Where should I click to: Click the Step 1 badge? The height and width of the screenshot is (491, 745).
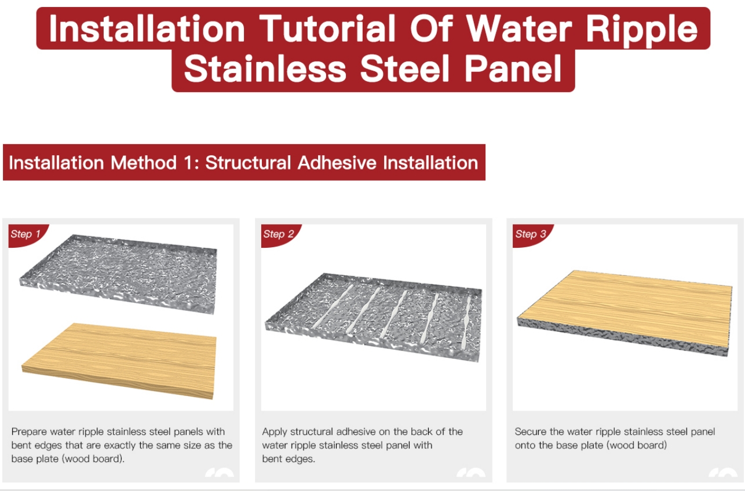[x=27, y=234]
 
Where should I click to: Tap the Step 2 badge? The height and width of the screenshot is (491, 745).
[x=279, y=234]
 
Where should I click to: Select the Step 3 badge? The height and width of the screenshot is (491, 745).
[x=531, y=234]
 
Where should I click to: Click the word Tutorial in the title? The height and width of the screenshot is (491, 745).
[x=327, y=28]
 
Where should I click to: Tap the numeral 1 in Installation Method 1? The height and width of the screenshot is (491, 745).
[x=188, y=163]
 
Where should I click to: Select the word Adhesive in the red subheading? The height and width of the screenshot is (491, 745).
[x=337, y=163]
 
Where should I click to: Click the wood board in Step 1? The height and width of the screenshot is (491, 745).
[x=119, y=361]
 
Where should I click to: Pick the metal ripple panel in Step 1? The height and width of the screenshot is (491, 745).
[x=118, y=274]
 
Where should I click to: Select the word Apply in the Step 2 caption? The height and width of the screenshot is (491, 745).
[x=275, y=432]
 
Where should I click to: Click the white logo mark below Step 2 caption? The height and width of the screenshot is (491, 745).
[x=471, y=472]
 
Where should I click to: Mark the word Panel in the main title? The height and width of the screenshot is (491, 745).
[x=513, y=69]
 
